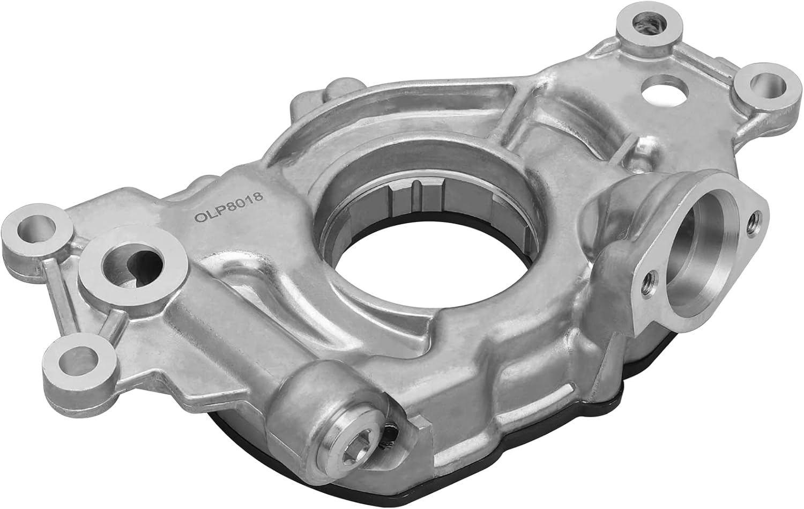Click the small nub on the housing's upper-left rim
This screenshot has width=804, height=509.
point(339,86)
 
